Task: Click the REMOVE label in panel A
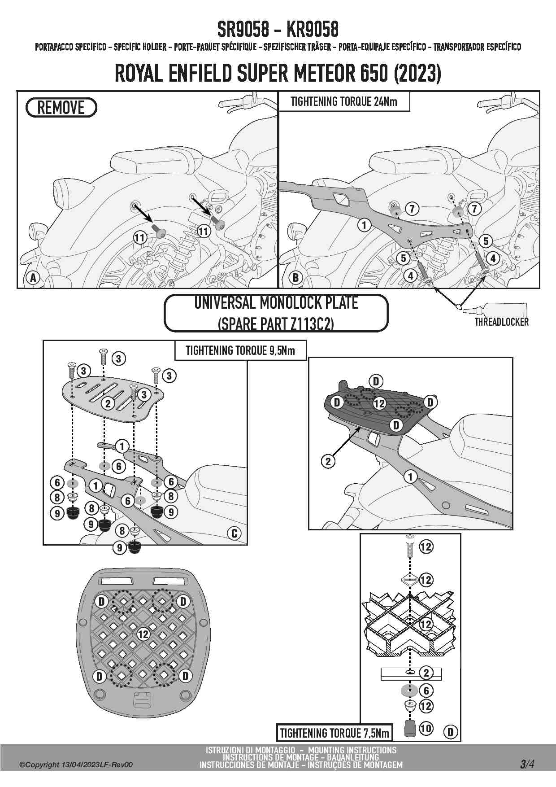(x=61, y=108)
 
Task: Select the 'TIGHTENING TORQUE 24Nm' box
(x=343, y=101)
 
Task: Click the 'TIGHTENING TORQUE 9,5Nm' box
(x=240, y=350)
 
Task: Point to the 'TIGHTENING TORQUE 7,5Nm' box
(x=334, y=733)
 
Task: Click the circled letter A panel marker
(x=33, y=277)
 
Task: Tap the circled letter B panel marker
(x=295, y=277)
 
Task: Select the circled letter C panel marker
(x=234, y=533)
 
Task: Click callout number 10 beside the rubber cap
(x=426, y=728)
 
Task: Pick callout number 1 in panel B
(x=364, y=224)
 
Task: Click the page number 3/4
(x=527, y=764)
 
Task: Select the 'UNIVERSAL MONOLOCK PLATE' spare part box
(x=276, y=313)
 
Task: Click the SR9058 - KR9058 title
(x=278, y=30)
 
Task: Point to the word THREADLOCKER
(x=501, y=322)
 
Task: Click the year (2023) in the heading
(x=417, y=74)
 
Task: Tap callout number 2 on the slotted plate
(x=108, y=403)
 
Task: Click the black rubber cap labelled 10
(x=409, y=728)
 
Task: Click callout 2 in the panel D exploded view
(x=426, y=673)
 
